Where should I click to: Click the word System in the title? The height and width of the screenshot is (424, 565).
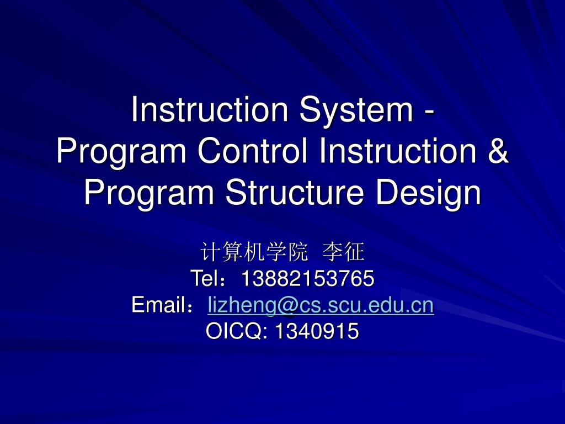click(x=355, y=110)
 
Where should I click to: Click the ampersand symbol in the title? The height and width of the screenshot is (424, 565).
click(x=498, y=151)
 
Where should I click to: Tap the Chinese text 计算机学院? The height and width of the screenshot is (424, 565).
click(x=253, y=252)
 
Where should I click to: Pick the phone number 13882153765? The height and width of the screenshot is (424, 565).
click(x=307, y=278)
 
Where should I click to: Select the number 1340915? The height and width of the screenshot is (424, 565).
click(x=317, y=331)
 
